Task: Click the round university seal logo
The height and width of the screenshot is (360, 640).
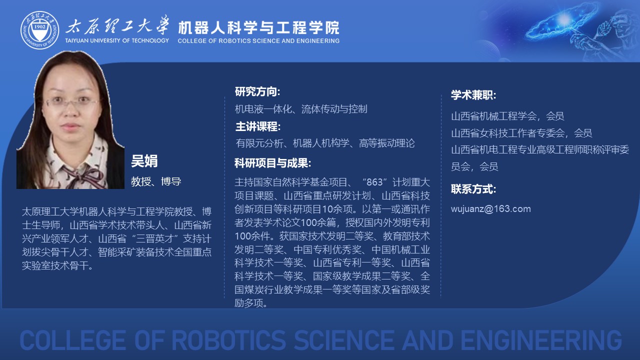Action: [39, 30]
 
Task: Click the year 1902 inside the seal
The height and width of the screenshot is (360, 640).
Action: [39, 27]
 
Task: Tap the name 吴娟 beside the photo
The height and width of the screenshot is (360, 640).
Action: [144, 161]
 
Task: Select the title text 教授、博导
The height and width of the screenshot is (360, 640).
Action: [156, 181]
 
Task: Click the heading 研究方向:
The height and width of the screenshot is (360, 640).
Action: [257, 91]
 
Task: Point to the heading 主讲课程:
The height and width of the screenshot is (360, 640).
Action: [258, 126]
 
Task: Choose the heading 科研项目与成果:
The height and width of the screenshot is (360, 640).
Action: [272, 163]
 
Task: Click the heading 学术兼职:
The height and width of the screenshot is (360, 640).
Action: [473, 95]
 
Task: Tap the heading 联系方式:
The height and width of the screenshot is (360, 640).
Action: [473, 189]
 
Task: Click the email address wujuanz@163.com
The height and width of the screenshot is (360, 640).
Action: [491, 209]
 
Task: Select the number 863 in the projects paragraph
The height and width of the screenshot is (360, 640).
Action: [374, 182]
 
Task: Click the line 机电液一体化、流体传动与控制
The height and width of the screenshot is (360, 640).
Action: [301, 109]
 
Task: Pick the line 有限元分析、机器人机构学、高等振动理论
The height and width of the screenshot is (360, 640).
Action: [325, 143]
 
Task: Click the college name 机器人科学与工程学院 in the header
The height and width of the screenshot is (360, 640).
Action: [259, 27]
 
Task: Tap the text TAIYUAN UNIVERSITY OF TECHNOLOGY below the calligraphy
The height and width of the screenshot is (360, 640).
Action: [117, 40]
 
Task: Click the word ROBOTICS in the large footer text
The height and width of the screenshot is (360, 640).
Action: [228, 340]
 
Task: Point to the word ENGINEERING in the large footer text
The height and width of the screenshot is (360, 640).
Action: [541, 340]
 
